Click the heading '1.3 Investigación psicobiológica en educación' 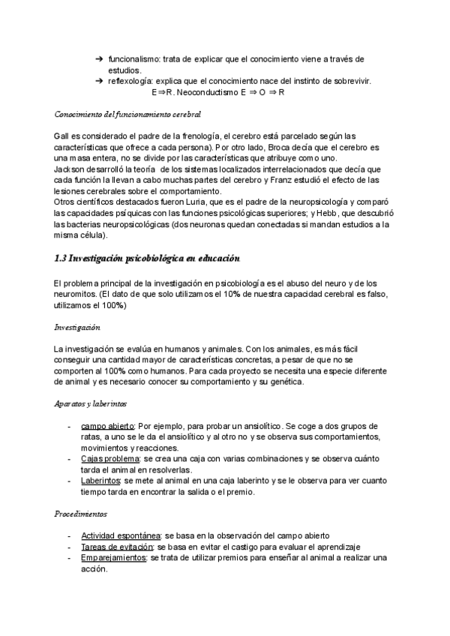(148, 259)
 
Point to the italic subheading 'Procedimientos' (80, 514)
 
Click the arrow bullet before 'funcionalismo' (99, 58)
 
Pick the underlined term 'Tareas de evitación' (114, 547)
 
